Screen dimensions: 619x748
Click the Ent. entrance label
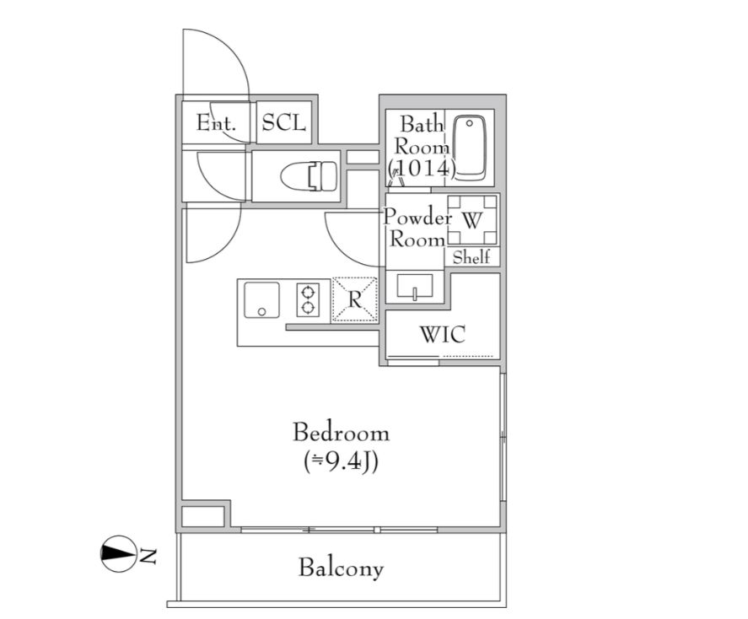point(216,123)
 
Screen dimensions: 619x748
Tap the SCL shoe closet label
point(283,123)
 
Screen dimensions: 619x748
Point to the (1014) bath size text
point(422,169)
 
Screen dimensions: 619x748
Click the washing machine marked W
point(471,221)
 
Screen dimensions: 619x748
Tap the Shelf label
point(471,258)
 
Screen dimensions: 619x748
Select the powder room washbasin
point(415,287)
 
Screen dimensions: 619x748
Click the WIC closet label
point(442,335)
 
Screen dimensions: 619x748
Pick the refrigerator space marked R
point(354,299)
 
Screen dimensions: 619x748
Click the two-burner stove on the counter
point(309,299)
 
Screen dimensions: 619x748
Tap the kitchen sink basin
point(261,299)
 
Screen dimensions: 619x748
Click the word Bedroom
point(341,433)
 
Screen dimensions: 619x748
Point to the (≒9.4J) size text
point(341,461)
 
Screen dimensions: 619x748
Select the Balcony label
point(341,568)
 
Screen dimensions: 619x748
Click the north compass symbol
point(118,554)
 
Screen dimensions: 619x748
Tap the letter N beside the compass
point(148,555)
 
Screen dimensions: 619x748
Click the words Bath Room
point(420,135)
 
